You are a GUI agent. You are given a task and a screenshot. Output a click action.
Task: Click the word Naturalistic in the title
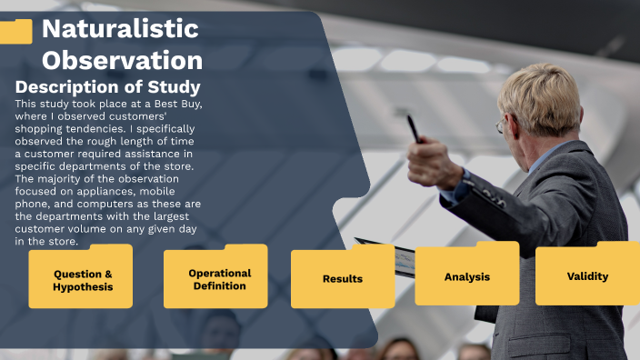point(120,29)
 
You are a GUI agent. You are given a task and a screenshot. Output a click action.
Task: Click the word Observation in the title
point(122,60)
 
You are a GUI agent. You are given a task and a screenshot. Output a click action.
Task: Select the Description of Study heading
point(107,87)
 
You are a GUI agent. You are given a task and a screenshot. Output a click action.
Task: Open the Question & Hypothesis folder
point(83,278)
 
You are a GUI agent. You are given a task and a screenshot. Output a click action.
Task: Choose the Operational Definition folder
point(218,278)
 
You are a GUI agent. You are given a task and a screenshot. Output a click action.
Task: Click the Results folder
point(342,278)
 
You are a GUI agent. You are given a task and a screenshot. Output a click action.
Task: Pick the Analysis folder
point(466,275)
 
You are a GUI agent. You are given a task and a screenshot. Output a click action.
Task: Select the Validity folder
point(587,275)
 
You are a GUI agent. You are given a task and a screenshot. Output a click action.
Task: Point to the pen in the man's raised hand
point(413,126)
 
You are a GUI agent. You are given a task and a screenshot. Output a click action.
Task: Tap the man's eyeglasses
point(501,127)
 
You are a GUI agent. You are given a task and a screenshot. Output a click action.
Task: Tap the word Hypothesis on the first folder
point(83,287)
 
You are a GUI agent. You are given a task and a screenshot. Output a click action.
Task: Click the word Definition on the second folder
point(219,285)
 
